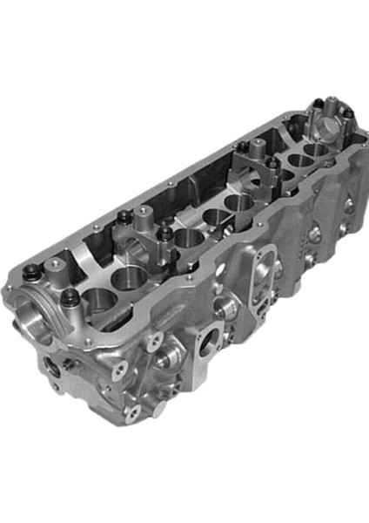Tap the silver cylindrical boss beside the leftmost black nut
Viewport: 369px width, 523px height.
[51, 265]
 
